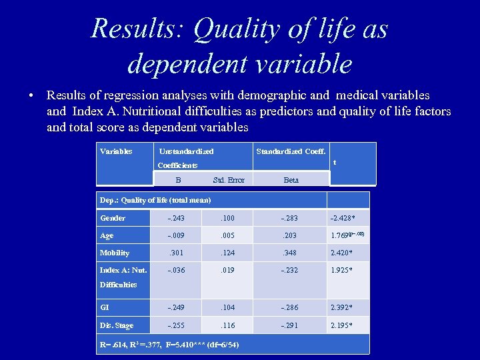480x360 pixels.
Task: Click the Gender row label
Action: (113, 218)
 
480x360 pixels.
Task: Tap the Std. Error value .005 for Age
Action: (229, 235)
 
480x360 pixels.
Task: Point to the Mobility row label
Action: (115, 253)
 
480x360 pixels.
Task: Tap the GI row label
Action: (105, 308)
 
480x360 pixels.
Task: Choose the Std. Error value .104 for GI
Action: (229, 308)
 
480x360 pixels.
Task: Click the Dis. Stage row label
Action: (117, 325)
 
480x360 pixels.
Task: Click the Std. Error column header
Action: (229, 180)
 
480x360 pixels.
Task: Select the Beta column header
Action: (291, 180)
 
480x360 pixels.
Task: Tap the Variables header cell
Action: (116, 151)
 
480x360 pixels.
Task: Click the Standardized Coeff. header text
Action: (291, 151)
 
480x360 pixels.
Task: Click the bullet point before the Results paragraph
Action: (31, 96)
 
